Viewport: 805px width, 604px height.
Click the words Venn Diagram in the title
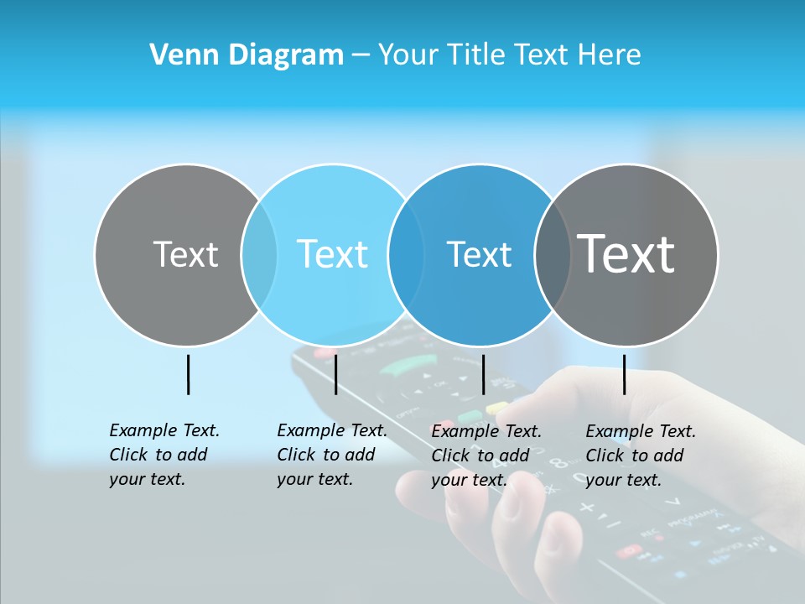click(x=247, y=55)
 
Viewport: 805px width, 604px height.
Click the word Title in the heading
click(x=475, y=55)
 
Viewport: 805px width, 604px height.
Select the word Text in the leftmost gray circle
click(x=185, y=254)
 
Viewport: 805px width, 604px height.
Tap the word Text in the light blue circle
click(x=332, y=254)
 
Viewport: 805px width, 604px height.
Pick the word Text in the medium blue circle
click(x=479, y=254)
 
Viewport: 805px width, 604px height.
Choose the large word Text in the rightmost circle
click(x=626, y=254)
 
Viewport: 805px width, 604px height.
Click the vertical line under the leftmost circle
click(x=188, y=374)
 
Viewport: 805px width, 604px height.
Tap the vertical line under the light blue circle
click(x=335, y=374)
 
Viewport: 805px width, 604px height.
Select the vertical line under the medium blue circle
click(x=483, y=374)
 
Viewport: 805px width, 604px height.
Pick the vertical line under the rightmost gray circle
click(x=624, y=374)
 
